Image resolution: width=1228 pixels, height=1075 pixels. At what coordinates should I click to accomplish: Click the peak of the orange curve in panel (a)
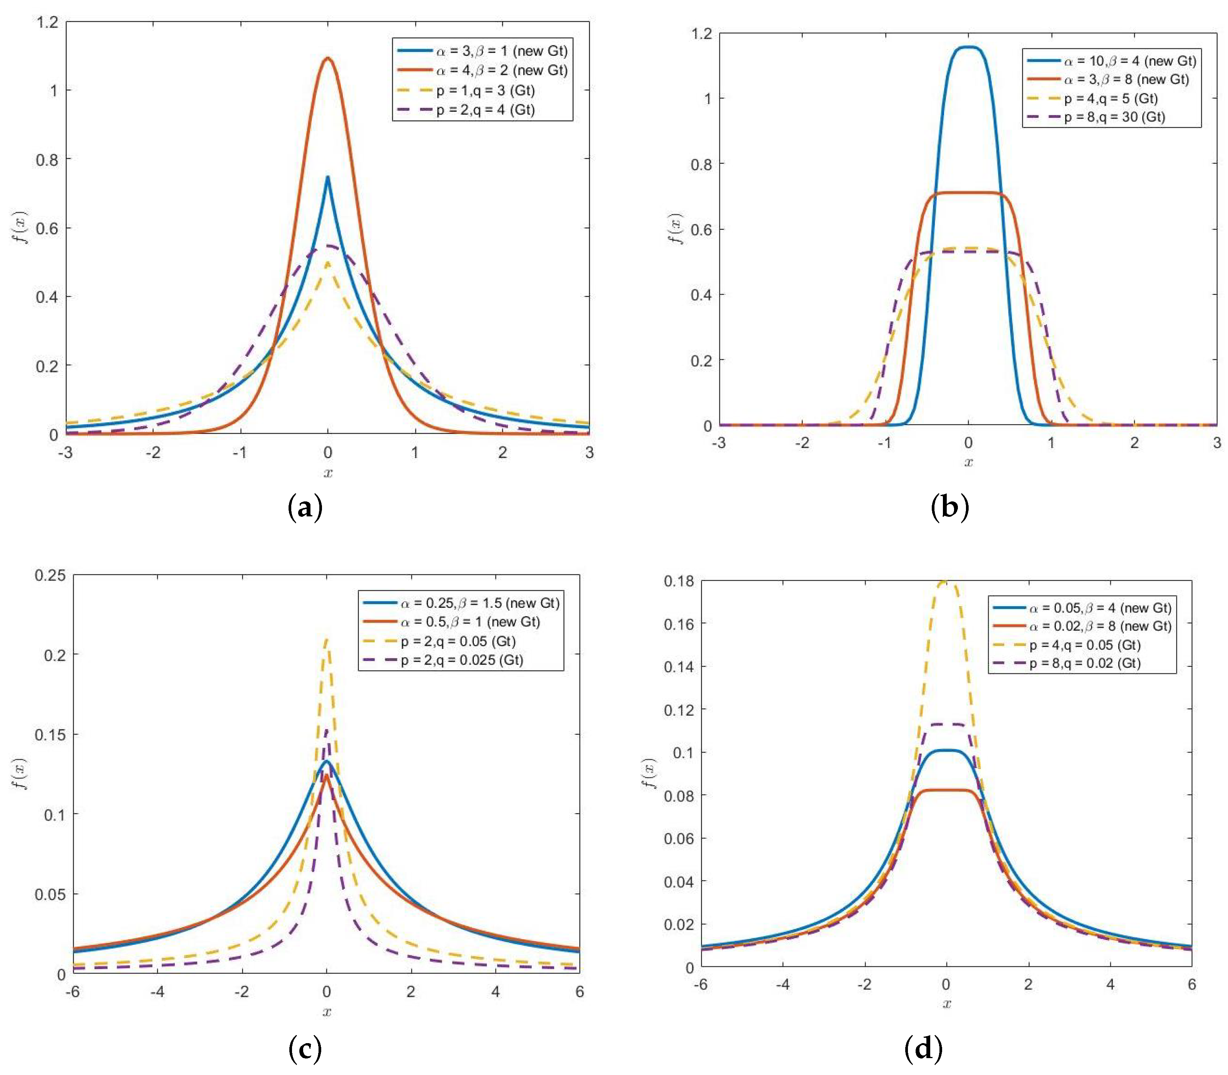coord(328,59)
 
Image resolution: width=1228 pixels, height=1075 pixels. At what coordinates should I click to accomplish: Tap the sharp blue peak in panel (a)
coord(328,177)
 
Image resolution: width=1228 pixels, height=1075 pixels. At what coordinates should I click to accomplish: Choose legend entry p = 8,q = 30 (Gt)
coord(1115,117)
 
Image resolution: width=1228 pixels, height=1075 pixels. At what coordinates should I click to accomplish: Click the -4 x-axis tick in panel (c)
coord(157,992)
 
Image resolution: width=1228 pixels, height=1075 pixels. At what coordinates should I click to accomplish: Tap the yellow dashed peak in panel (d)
coord(946,581)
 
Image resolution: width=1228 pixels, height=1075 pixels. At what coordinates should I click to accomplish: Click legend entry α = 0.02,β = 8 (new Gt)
coord(1100,626)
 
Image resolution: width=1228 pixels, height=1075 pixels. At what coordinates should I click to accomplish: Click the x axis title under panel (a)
coord(328,473)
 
